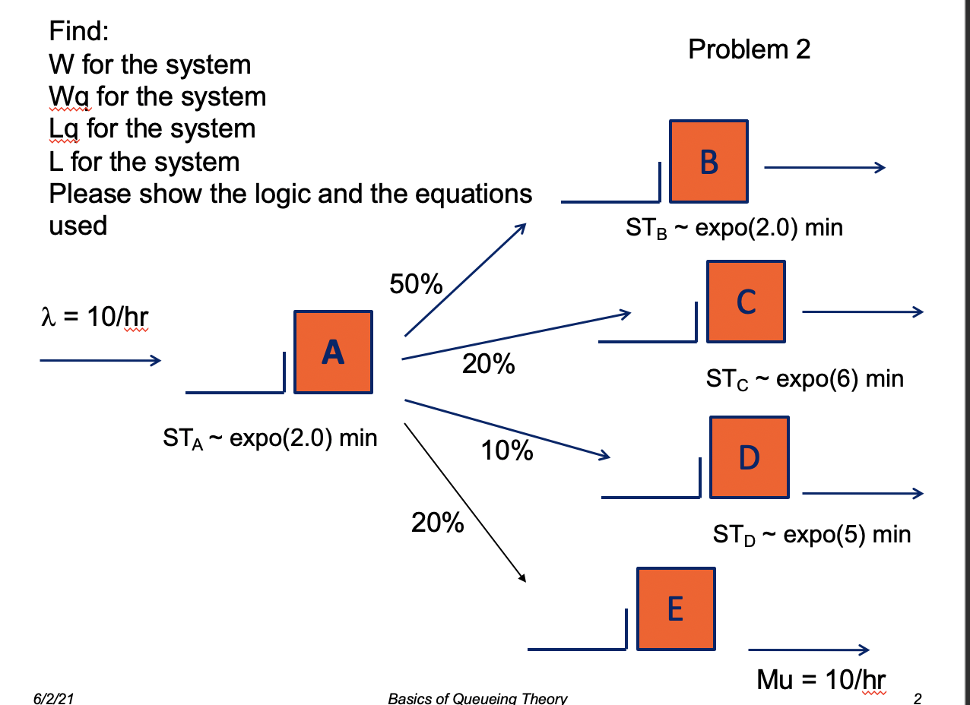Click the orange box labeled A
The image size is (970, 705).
coord(333,352)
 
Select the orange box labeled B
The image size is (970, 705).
coord(708,161)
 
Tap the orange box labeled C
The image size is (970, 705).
coord(746,302)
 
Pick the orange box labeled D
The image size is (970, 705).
coord(749,457)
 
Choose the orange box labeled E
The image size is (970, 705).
coord(676,609)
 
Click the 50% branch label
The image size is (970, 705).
coord(416,284)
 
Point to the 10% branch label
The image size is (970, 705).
coord(507,451)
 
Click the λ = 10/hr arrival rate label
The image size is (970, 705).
coord(94,317)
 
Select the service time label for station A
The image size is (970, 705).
coord(270,438)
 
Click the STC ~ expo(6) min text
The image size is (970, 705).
coord(805,378)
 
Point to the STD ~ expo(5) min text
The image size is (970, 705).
coord(811,534)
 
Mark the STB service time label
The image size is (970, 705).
coord(734,228)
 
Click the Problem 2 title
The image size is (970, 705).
coord(749,49)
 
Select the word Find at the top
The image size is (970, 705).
coord(80,32)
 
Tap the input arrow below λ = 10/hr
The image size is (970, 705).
coord(100,360)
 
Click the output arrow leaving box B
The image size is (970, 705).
coord(824,168)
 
